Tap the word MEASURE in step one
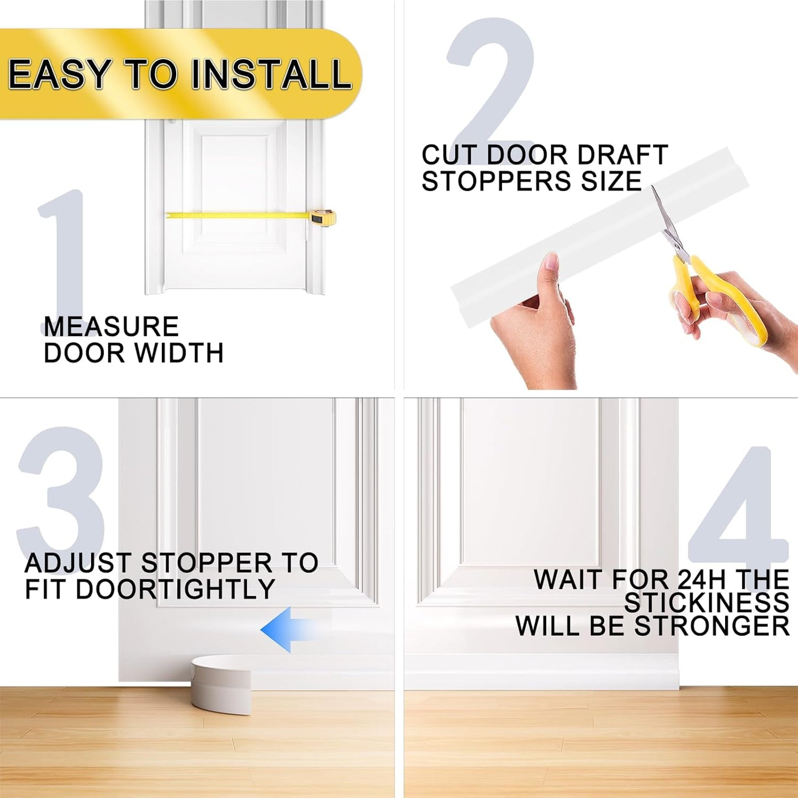111,327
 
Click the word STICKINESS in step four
707,603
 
